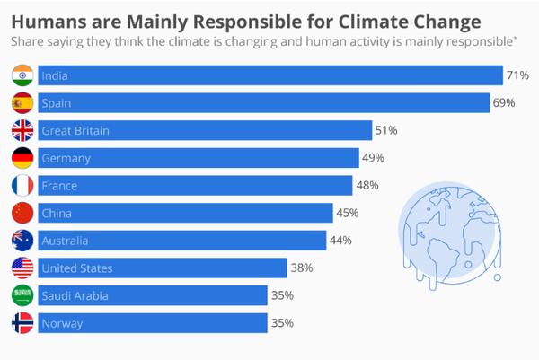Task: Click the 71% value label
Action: (x=517, y=75)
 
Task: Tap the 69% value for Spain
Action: (x=504, y=103)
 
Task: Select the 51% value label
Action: (x=386, y=131)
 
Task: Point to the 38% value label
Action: (x=301, y=268)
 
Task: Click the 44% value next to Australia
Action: (x=340, y=241)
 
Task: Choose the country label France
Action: (x=59, y=186)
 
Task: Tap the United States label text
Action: (x=76, y=268)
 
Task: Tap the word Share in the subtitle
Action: (x=27, y=40)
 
